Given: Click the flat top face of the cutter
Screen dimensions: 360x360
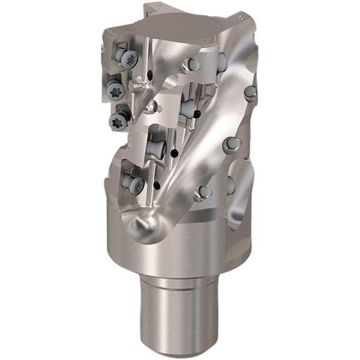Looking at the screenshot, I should (179, 27).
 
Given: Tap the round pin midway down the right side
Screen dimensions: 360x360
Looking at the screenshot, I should (231, 144).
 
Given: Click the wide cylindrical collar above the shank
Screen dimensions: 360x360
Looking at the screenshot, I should (180, 240).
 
